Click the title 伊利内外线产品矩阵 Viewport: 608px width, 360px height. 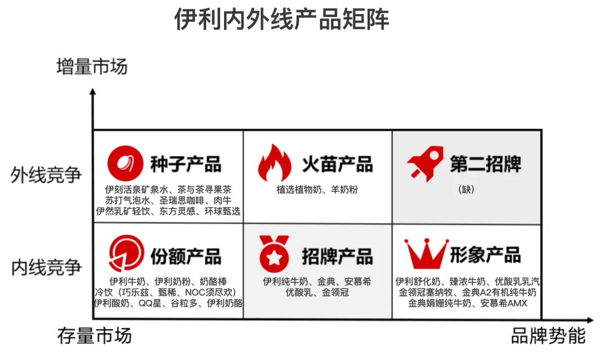(281, 20)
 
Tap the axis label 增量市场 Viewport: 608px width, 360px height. (92, 66)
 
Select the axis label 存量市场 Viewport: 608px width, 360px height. (94, 336)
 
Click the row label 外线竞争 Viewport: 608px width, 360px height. (47, 175)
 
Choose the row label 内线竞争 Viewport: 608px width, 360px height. (47, 267)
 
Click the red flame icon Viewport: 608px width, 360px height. (275, 163)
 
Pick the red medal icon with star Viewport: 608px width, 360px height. (274, 254)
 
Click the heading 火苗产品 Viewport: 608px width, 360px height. (337, 164)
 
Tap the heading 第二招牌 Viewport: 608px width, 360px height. (485, 164)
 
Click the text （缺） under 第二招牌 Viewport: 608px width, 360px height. (467, 190)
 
